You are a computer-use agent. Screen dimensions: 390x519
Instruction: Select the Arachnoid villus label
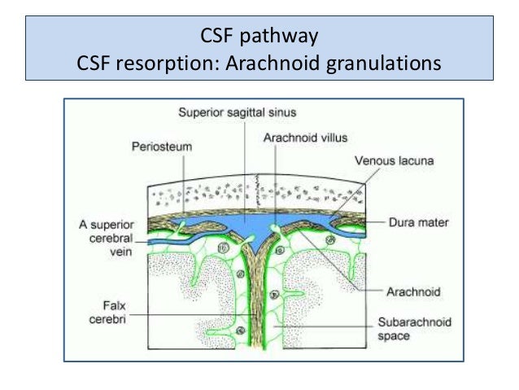[296, 139]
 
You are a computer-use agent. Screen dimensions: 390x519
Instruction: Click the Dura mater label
[414, 221]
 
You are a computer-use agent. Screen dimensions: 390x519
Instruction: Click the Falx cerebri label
[107, 313]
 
